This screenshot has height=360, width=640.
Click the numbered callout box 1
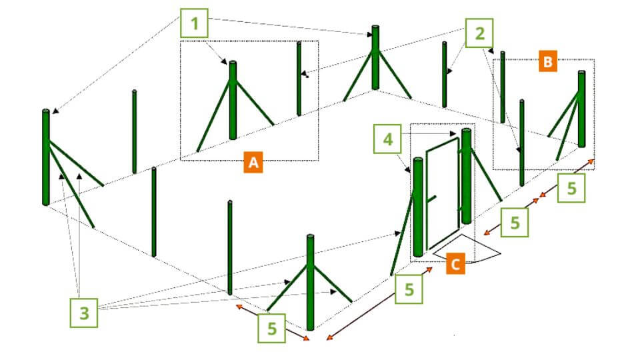(194, 23)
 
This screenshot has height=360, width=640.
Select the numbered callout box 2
(479, 33)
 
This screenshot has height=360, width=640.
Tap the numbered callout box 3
(84, 313)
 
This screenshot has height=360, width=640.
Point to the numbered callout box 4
(387, 139)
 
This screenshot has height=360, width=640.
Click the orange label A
(253, 162)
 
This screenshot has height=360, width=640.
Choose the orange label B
(548, 61)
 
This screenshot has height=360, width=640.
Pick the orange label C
(455, 263)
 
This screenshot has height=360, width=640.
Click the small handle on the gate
(432, 199)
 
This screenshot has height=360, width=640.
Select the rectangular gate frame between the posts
(443, 193)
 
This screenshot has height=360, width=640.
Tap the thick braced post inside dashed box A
(233, 101)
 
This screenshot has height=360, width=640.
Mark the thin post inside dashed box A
(299, 79)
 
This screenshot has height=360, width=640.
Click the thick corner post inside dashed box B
(581, 109)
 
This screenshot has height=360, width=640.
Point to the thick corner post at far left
(46, 157)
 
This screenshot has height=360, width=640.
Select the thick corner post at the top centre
(375, 57)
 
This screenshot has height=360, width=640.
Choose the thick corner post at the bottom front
(310, 282)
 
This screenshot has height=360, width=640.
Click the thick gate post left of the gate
(417, 207)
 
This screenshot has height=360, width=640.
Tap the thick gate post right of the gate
(466, 176)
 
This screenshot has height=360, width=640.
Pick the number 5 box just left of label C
(409, 289)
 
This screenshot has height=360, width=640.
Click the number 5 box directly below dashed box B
(571, 188)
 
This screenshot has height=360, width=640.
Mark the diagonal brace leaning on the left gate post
(402, 233)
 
